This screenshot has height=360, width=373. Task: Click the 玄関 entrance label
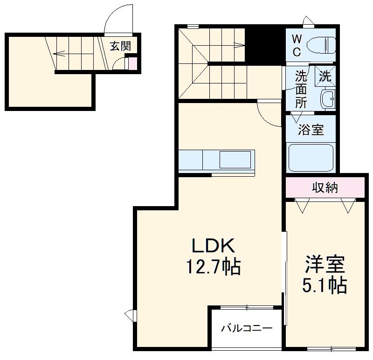pyautogui.click(x=120, y=46)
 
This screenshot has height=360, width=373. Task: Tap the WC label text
pyautogui.click(x=297, y=45)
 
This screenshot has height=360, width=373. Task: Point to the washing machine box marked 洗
pyautogui.click(x=325, y=76)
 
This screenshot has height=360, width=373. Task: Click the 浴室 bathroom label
pyautogui.click(x=311, y=130)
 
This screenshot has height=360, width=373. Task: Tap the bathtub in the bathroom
pyautogui.click(x=311, y=158)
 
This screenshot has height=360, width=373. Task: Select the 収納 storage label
pyautogui.click(x=325, y=188)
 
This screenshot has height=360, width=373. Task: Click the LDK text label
pyautogui.click(x=213, y=246)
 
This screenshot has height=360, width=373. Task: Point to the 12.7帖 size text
pyautogui.click(x=213, y=267)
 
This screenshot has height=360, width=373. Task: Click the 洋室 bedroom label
pyautogui.click(x=325, y=264)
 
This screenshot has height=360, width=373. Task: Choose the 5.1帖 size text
pyautogui.click(x=325, y=284)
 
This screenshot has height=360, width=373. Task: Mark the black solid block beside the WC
pyautogui.click(x=265, y=44)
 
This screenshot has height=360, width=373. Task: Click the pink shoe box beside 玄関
pyautogui.click(x=133, y=63)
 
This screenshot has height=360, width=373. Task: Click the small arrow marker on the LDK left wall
pyautogui.click(x=130, y=315)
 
